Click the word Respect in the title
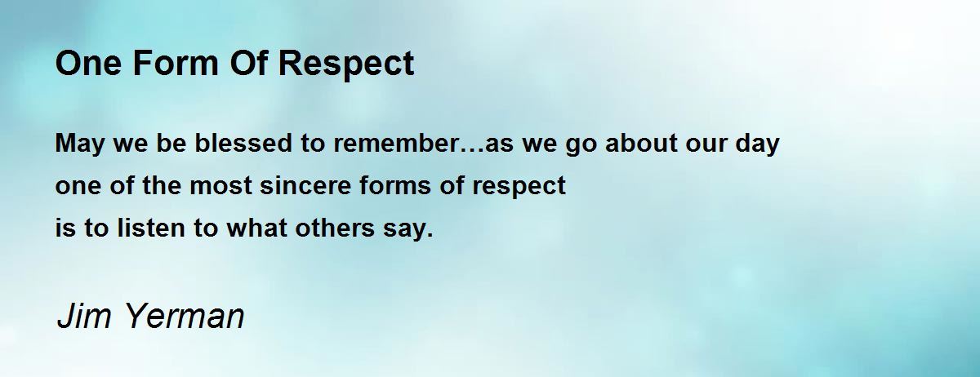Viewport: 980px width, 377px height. [346, 64]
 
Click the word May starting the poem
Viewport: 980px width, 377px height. [80, 144]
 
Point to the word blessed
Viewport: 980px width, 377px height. [243, 143]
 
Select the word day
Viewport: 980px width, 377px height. [757, 144]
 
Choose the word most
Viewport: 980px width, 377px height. [221, 186]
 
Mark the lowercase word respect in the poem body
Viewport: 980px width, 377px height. [519, 187]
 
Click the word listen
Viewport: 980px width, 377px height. [151, 228]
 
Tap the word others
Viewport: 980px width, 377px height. [335, 228]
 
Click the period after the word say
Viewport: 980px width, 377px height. [430, 235]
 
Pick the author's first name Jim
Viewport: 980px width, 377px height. [84, 315]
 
